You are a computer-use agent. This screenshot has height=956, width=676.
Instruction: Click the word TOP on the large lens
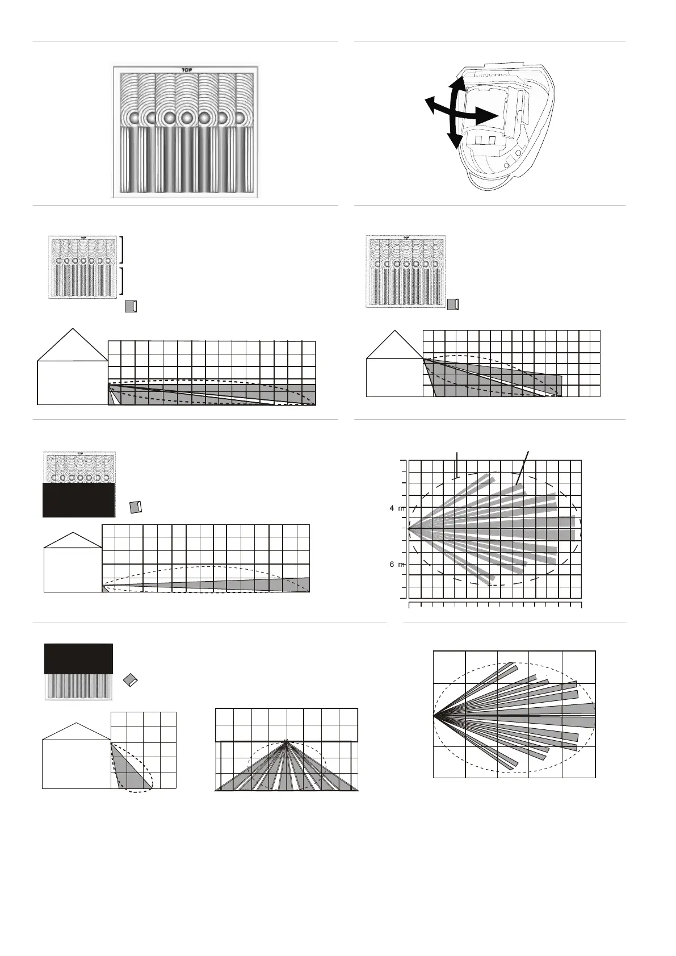coord(186,70)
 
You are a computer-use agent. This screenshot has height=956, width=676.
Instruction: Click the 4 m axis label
coord(397,508)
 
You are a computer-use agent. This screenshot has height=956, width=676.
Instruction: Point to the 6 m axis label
coord(397,564)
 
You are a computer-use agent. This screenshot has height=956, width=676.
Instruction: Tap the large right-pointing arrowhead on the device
coord(488,116)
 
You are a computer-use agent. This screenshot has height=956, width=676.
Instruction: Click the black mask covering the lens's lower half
coord(79,500)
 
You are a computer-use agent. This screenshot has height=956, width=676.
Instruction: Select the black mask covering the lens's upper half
coord(78,658)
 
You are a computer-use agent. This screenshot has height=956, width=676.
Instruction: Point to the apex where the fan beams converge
coord(287,741)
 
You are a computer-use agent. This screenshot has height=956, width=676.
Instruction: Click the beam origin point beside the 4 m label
coord(409,528)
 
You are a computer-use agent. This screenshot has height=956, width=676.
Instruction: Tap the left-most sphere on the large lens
coord(134,118)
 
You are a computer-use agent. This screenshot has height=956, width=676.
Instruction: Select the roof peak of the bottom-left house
coord(76,723)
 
